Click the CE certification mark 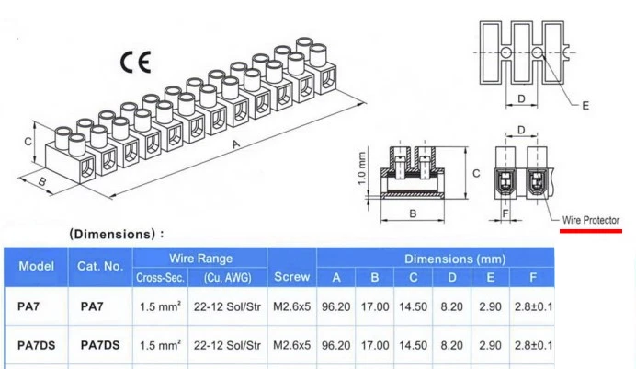coord(135,62)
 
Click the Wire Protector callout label coord(591,220)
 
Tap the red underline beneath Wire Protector coord(590,230)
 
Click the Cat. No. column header coord(99,266)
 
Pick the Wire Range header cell coord(199,259)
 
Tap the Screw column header coord(291,276)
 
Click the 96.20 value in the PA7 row coord(336,306)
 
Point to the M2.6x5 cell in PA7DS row coord(291,345)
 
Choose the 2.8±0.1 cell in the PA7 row coord(533,306)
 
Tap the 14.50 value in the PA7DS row coord(413,345)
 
